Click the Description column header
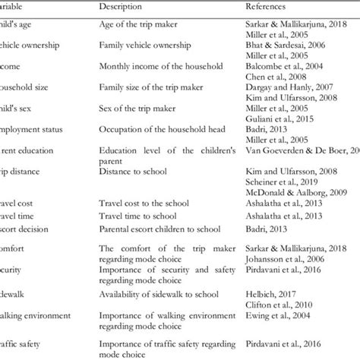124,5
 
